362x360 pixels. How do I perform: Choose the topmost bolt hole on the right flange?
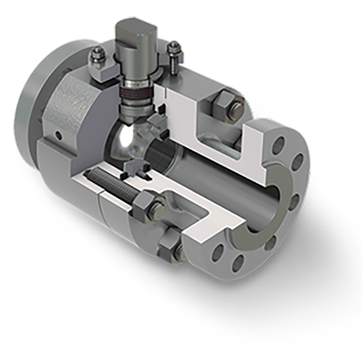pyautogui.click(x=278, y=146)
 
